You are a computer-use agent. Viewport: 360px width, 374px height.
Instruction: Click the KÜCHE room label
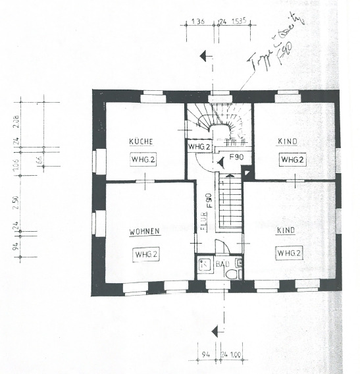141,142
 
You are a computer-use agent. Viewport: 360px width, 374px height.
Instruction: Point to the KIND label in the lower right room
290,232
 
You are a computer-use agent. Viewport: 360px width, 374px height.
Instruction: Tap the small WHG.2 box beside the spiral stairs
198,146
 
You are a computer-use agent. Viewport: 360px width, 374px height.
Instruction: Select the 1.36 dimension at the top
196,22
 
